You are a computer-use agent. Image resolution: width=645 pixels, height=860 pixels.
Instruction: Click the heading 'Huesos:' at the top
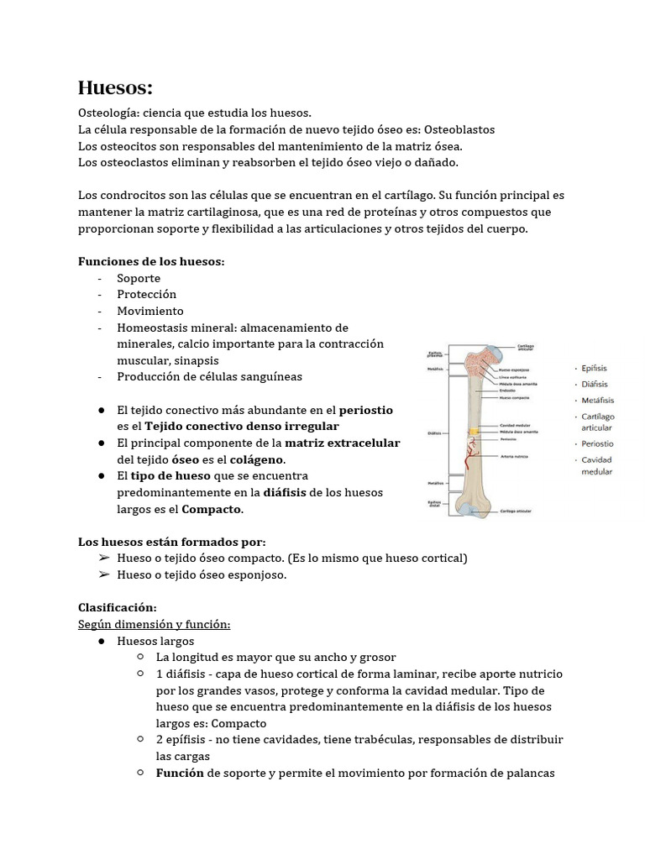click(x=115, y=87)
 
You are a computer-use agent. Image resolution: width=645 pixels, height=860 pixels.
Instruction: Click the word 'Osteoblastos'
click(x=459, y=129)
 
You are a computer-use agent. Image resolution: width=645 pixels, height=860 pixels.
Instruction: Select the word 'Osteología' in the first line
click(x=107, y=113)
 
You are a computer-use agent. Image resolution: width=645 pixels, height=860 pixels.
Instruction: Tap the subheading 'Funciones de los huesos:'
click(x=151, y=261)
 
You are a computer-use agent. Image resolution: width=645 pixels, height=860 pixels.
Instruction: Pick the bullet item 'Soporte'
click(x=139, y=278)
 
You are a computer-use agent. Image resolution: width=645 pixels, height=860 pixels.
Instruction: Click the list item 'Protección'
click(x=146, y=294)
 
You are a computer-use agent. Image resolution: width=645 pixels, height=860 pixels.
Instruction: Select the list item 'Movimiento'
click(x=149, y=311)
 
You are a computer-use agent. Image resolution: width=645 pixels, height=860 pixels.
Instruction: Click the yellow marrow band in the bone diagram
click(x=475, y=432)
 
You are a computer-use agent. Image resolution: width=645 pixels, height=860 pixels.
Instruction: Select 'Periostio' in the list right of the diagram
click(x=596, y=443)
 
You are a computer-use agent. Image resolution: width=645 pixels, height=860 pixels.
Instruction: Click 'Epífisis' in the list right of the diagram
click(x=594, y=368)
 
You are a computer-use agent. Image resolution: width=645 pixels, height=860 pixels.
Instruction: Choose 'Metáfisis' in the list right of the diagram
click(x=596, y=400)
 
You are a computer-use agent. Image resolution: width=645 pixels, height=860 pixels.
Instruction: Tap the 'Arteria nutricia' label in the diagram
click(x=514, y=456)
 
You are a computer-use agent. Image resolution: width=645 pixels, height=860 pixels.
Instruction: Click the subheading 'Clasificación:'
click(x=118, y=607)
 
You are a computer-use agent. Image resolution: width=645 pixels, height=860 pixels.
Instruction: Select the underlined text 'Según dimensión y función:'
click(x=154, y=624)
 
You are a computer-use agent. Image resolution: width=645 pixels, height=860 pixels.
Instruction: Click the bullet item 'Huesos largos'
click(x=155, y=641)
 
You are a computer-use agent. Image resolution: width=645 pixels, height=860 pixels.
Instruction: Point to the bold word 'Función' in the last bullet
click(x=180, y=773)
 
